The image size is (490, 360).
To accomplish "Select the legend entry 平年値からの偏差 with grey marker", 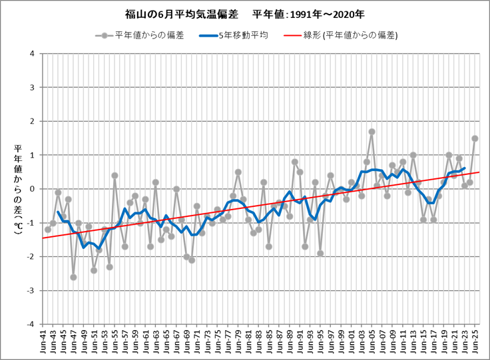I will pyautogui.click(x=146, y=35).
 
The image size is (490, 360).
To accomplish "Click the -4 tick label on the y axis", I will pyautogui.click(x=31, y=324).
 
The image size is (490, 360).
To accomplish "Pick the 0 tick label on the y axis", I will pyautogui.click(x=33, y=189).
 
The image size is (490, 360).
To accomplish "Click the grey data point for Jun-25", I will pyautogui.click(x=475, y=138).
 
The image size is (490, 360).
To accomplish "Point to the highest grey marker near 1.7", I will pyautogui.click(x=372, y=132).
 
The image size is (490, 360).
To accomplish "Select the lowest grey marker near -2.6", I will pyautogui.click(x=73, y=277).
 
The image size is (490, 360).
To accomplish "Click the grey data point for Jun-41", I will pyautogui.click(x=48, y=230).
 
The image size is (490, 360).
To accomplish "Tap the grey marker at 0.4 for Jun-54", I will pyautogui.click(x=115, y=176).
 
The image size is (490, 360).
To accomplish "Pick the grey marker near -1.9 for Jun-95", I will pyautogui.click(x=320, y=253).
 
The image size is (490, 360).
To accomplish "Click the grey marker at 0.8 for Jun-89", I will pyautogui.click(x=294, y=162).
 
